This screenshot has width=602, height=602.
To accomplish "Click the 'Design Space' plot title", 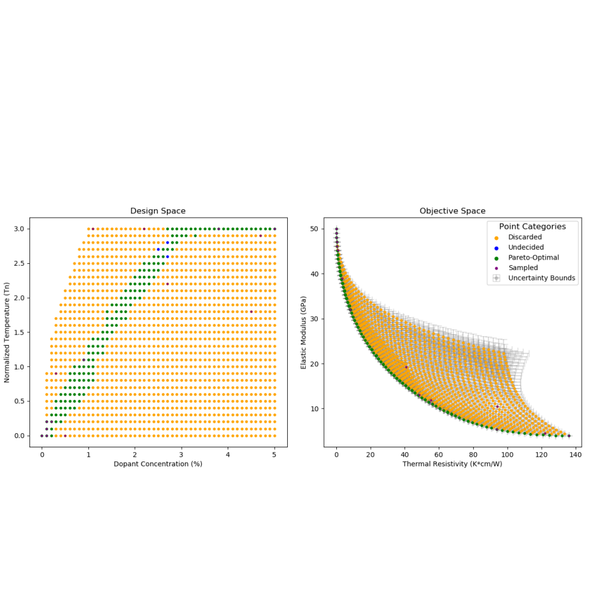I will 158,211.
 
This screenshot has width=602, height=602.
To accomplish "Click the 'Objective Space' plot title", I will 452,211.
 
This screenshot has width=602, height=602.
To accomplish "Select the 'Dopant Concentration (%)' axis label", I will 158,464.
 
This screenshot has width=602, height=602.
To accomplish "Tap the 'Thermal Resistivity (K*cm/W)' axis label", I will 452,464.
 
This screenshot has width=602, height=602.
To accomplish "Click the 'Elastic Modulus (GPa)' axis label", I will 303,332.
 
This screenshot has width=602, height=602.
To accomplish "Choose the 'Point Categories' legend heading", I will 532,226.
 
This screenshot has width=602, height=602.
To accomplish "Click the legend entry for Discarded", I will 525,237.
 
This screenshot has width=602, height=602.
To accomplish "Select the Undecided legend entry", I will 525,247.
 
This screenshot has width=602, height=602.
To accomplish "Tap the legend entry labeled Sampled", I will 523,268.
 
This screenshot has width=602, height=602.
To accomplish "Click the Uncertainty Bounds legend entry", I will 541,278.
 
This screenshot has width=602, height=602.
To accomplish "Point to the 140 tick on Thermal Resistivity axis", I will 576,455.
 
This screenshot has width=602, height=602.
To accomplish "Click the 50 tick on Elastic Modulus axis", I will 313,229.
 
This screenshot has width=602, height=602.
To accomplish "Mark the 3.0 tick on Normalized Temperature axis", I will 18,229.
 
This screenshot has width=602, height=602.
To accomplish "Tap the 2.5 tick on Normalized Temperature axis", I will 18,263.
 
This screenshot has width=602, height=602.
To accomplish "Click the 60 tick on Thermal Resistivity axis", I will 439,455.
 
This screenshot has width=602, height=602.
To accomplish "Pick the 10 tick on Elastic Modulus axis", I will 313,409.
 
